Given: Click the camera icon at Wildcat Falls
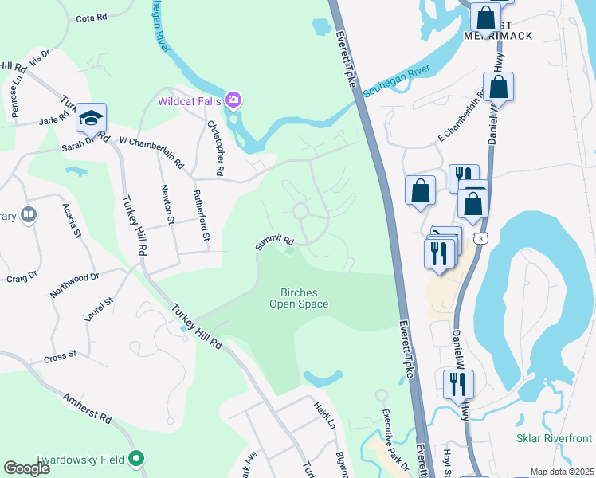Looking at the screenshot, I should (x=233, y=100).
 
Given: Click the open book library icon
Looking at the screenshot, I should (x=29, y=214).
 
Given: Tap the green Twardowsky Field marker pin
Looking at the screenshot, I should (x=136, y=458).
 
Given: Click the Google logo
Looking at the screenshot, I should (x=27, y=468).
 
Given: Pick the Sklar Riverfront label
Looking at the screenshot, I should (x=555, y=438).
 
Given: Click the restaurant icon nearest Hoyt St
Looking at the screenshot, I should (x=458, y=383).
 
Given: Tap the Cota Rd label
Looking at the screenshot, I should (x=92, y=18).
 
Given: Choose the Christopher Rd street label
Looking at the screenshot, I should (x=216, y=147).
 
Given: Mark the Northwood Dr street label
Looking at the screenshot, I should (x=73, y=284).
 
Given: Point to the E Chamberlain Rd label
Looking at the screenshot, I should (x=459, y=111).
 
